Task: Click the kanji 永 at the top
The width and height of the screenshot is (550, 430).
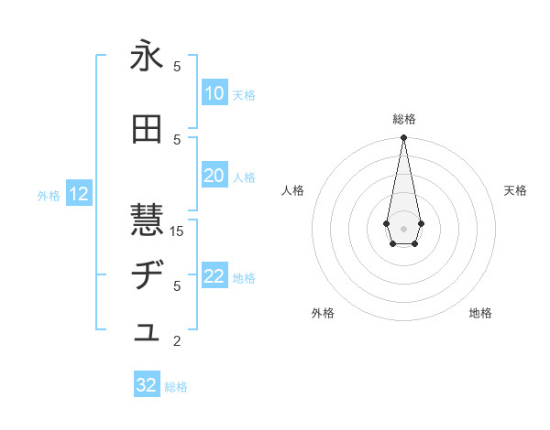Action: click(147, 56)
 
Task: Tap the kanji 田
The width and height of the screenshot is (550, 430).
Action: click(147, 129)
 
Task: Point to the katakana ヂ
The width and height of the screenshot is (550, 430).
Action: click(147, 275)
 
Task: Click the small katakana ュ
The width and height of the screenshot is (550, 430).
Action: click(147, 334)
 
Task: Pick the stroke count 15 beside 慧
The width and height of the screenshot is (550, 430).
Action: click(177, 231)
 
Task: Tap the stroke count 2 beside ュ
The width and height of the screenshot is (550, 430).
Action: click(177, 341)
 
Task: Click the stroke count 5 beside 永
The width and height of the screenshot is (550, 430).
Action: click(177, 66)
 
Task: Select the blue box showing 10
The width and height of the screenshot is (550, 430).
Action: click(214, 93)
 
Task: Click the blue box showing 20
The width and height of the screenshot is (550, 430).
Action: click(214, 176)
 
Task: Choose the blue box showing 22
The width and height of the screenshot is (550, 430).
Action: click(214, 276)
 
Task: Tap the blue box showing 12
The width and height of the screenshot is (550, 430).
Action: click(78, 194)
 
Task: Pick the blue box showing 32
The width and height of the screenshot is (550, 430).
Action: click(147, 385)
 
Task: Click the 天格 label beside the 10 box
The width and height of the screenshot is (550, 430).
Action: click(244, 94)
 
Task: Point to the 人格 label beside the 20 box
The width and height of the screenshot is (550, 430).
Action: click(244, 177)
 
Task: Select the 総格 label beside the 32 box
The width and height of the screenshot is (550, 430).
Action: click(176, 386)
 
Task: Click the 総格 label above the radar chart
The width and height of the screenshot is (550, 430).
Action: click(403, 119)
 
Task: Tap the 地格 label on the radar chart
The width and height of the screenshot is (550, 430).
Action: click(480, 313)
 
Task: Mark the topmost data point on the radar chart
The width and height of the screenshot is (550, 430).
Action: click(403, 137)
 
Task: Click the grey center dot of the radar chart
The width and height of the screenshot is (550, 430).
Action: click(403, 227)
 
